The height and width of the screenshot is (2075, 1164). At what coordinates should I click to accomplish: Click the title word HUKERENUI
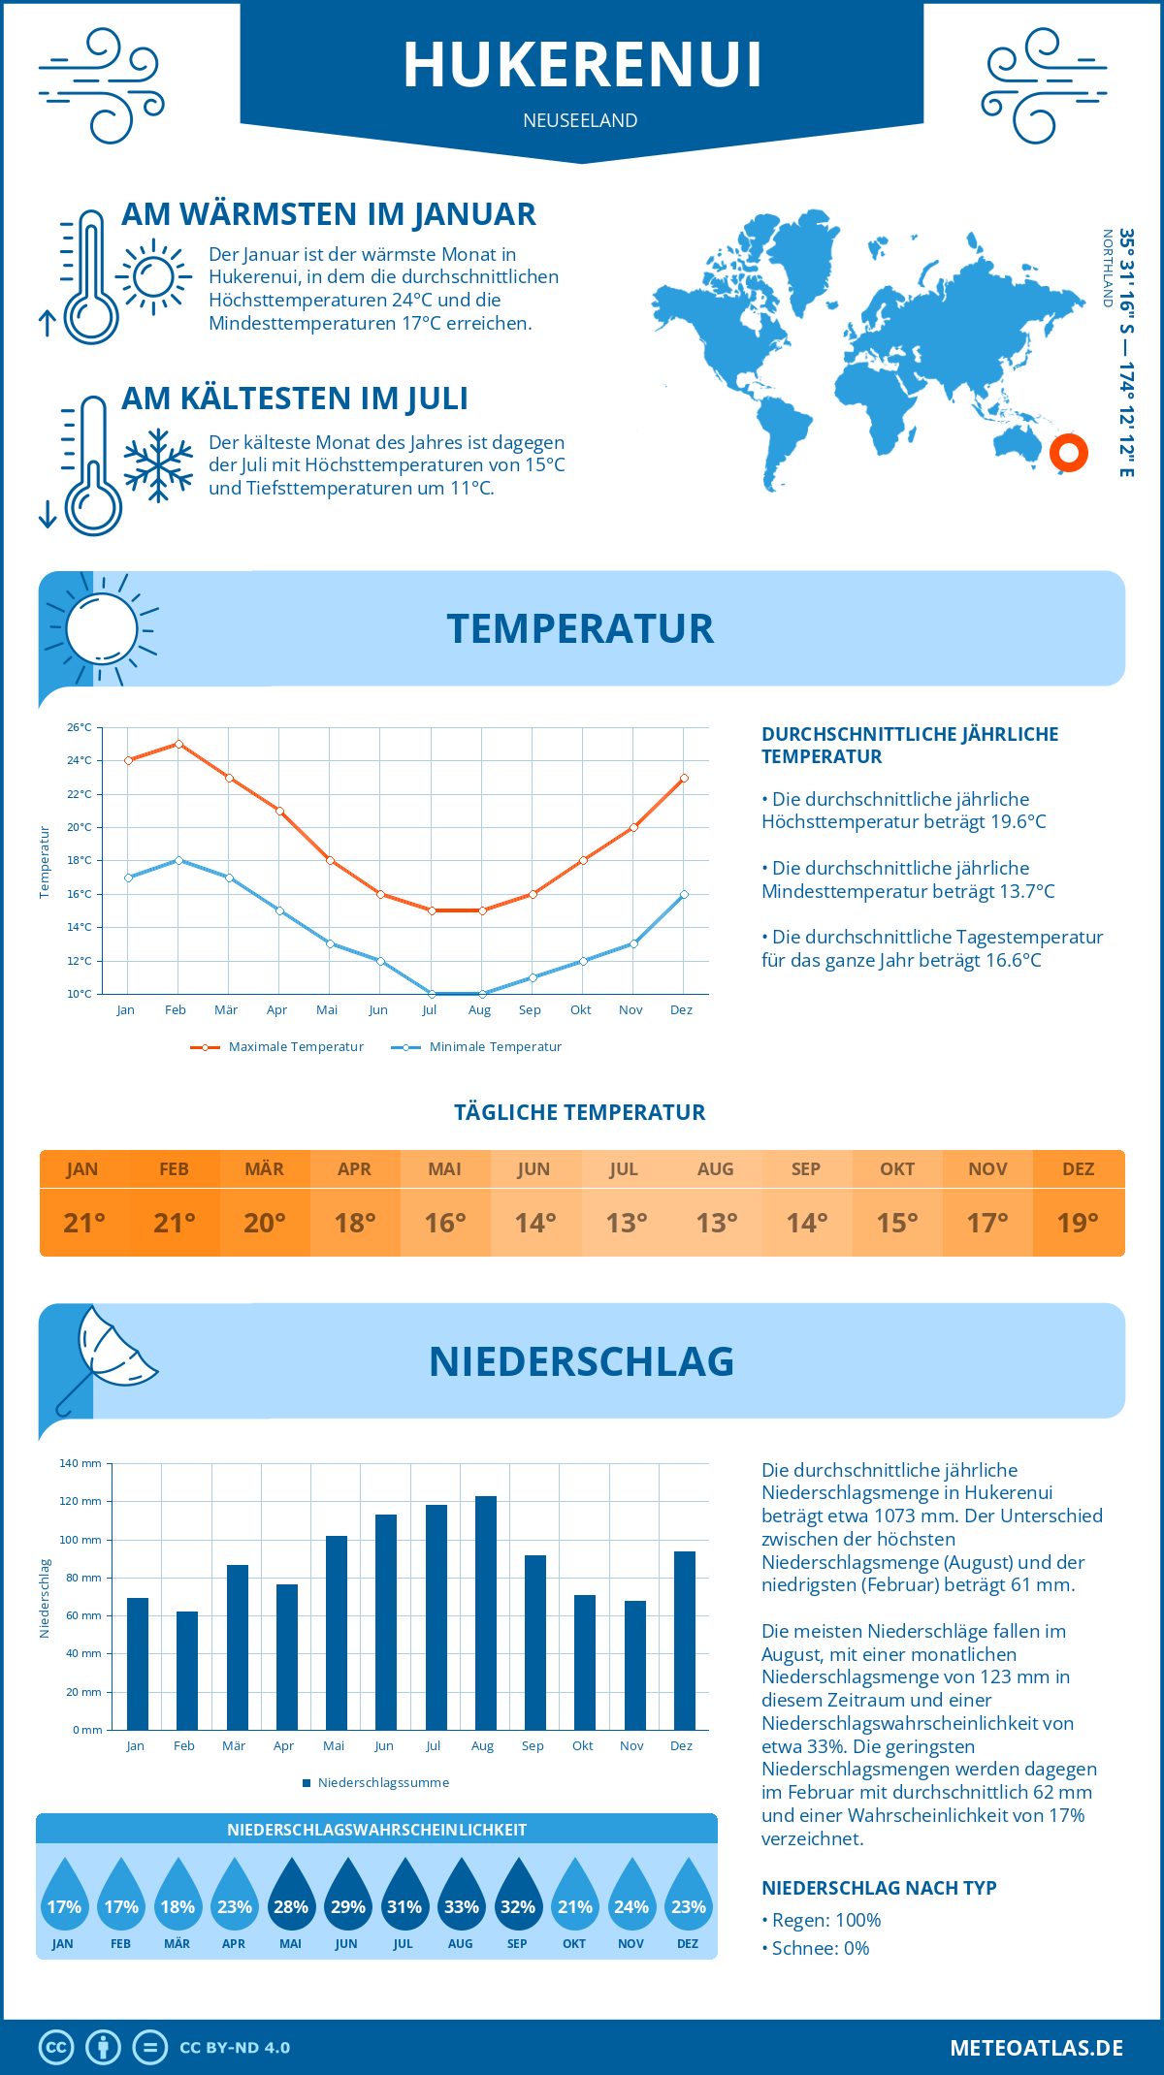[582, 65]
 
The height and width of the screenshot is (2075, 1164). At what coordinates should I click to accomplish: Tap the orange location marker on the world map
[1068, 452]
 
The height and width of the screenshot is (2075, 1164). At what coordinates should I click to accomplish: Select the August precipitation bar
[485, 1612]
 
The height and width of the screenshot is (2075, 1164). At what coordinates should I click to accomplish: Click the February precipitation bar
[186, 1670]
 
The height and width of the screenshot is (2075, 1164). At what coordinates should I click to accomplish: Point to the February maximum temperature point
[178, 744]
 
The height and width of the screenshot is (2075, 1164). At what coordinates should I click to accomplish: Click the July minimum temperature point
[431, 994]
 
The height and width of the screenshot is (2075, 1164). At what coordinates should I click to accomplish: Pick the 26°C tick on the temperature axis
[80, 727]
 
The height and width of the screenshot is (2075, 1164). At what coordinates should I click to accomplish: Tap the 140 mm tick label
[81, 1463]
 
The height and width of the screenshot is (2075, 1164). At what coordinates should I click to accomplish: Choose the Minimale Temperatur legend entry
[477, 1047]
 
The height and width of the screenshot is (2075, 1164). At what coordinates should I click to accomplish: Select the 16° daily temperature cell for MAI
[445, 1223]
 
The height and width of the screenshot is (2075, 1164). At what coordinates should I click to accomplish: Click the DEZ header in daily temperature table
[1078, 1169]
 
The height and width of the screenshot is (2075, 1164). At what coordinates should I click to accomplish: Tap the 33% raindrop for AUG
[461, 1898]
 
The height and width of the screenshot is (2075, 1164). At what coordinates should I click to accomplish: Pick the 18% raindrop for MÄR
[178, 1898]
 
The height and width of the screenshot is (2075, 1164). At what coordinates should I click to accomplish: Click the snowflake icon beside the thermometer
[158, 465]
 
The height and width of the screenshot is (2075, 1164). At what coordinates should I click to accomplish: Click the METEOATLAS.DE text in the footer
[1036, 2048]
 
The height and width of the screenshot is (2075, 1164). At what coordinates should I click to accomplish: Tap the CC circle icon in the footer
[56, 2048]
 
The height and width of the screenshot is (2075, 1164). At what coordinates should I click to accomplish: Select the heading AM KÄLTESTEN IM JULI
[295, 399]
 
